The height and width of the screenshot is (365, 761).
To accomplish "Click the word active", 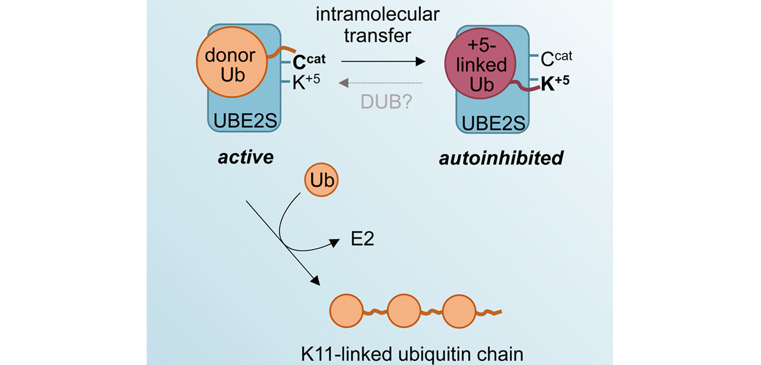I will point(246,157).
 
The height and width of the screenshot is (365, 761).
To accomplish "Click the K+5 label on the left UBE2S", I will point(307,83).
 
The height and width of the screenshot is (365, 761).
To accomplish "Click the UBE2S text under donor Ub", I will point(245,122).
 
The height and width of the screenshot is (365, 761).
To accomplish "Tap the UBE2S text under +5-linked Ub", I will point(493,123).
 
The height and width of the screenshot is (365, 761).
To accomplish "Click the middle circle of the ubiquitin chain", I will point(404,311).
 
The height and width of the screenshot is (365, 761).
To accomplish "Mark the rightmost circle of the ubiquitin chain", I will point(460,311).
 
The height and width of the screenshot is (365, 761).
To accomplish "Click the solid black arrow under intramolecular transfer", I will point(382,61).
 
